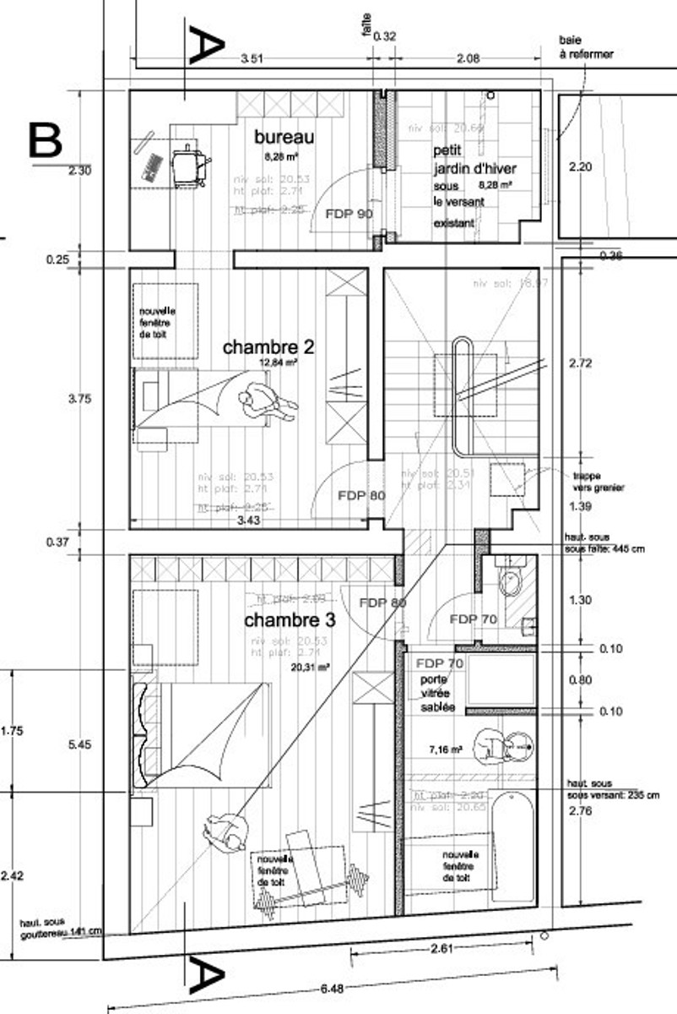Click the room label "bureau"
284,137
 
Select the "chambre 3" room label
290,620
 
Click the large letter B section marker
45,140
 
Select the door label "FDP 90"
349,214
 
